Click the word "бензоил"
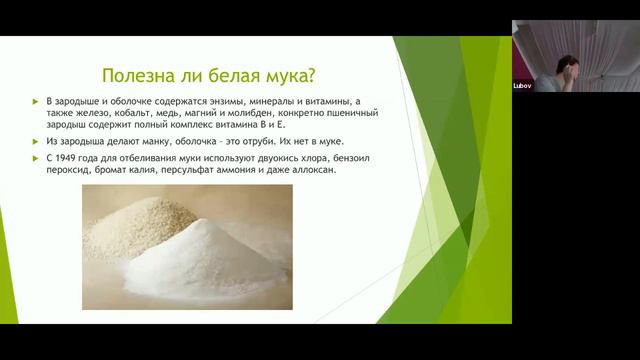(350, 158)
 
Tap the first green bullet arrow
(37, 103)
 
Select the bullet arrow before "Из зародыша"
(37, 141)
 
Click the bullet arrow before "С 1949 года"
(37, 158)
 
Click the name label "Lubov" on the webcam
(522, 85)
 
